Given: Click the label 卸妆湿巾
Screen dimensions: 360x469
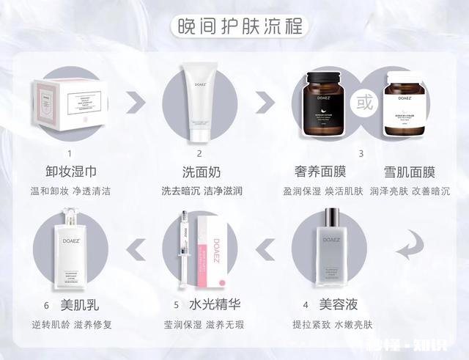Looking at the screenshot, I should click(70, 172).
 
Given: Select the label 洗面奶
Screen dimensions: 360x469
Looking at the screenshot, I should click(199, 172).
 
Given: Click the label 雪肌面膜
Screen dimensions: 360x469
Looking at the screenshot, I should click(410, 172).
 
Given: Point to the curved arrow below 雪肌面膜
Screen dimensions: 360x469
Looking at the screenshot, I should click(412, 244).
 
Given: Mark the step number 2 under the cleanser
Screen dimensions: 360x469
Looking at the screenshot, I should click(199, 153).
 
